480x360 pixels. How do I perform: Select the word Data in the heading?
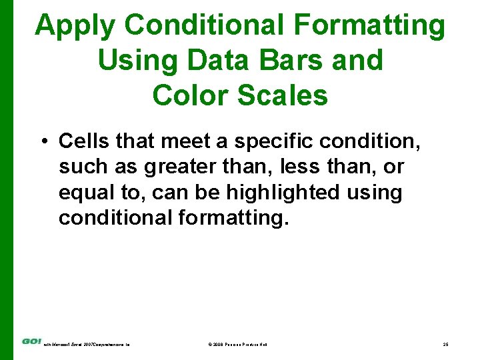213,61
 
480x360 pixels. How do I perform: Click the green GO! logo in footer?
31,341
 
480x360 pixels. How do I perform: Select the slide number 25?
445,344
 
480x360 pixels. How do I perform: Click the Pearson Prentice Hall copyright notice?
238,344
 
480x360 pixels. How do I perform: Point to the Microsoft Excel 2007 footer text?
87,344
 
